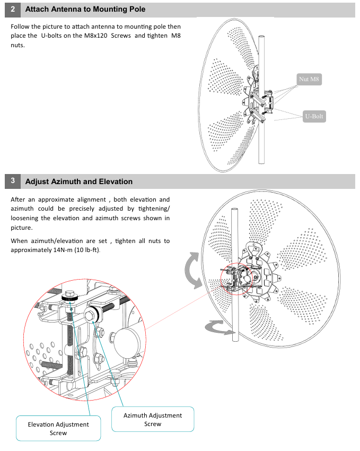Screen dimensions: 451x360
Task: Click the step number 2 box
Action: [13, 10]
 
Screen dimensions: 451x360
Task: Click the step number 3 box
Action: [13, 181]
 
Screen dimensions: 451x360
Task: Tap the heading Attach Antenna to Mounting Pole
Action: [85, 10]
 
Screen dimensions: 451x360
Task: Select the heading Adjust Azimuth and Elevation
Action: [79, 181]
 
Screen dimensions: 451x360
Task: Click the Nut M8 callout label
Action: [310, 80]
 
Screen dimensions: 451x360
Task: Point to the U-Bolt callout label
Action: [314, 116]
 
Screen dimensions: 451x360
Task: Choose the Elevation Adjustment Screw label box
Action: [58, 428]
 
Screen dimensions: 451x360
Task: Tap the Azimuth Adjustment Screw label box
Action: [153, 419]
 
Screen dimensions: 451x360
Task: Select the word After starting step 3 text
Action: [20, 200]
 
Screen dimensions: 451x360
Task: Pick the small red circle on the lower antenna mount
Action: [236, 277]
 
